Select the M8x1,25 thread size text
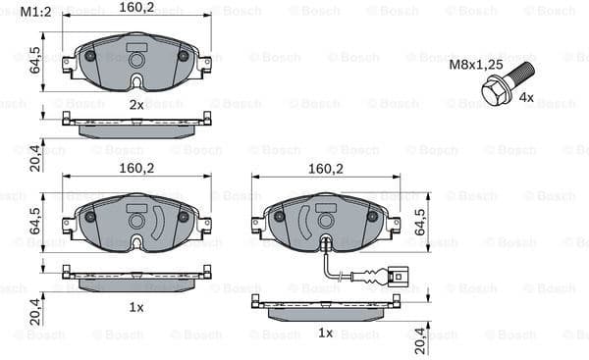(x=475, y=65)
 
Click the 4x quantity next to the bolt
(x=526, y=98)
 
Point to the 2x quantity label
(x=136, y=104)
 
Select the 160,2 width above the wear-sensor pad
(x=325, y=169)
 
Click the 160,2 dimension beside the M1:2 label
(x=136, y=7)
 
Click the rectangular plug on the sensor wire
(x=397, y=276)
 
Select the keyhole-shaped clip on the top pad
(x=136, y=65)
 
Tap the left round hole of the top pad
(x=90, y=56)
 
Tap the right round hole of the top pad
(x=183, y=56)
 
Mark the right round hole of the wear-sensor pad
(x=372, y=216)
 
